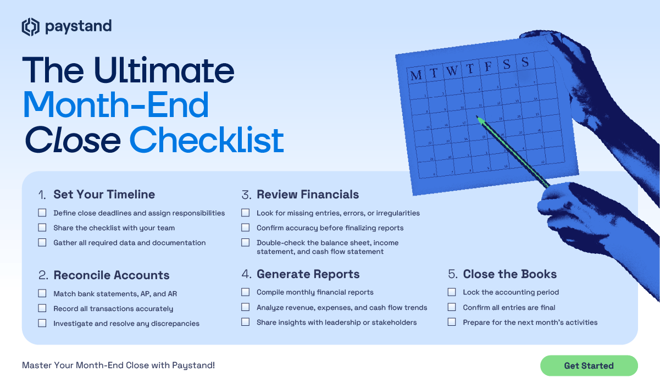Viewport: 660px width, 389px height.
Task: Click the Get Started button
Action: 589,365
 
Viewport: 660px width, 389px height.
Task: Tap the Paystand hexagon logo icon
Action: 30,26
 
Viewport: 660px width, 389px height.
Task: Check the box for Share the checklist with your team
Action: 42,227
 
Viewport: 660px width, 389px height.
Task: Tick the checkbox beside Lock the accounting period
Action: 452,292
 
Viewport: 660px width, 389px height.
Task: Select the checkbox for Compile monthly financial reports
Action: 246,292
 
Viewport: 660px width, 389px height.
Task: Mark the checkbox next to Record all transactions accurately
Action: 42,308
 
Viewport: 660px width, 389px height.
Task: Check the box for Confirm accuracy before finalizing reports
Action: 246,227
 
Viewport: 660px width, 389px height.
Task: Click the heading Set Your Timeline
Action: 104,194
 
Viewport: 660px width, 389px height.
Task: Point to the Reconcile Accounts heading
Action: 111,275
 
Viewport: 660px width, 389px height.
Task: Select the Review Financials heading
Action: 307,194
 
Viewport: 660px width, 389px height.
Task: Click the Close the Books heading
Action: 509,274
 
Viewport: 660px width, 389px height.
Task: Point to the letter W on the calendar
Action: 451,71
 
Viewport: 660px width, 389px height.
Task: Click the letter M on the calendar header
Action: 416,75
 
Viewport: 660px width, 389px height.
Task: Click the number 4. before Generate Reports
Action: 246,274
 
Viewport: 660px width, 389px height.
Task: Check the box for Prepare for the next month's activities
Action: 452,322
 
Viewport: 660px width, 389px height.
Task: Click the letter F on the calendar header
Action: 487,67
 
